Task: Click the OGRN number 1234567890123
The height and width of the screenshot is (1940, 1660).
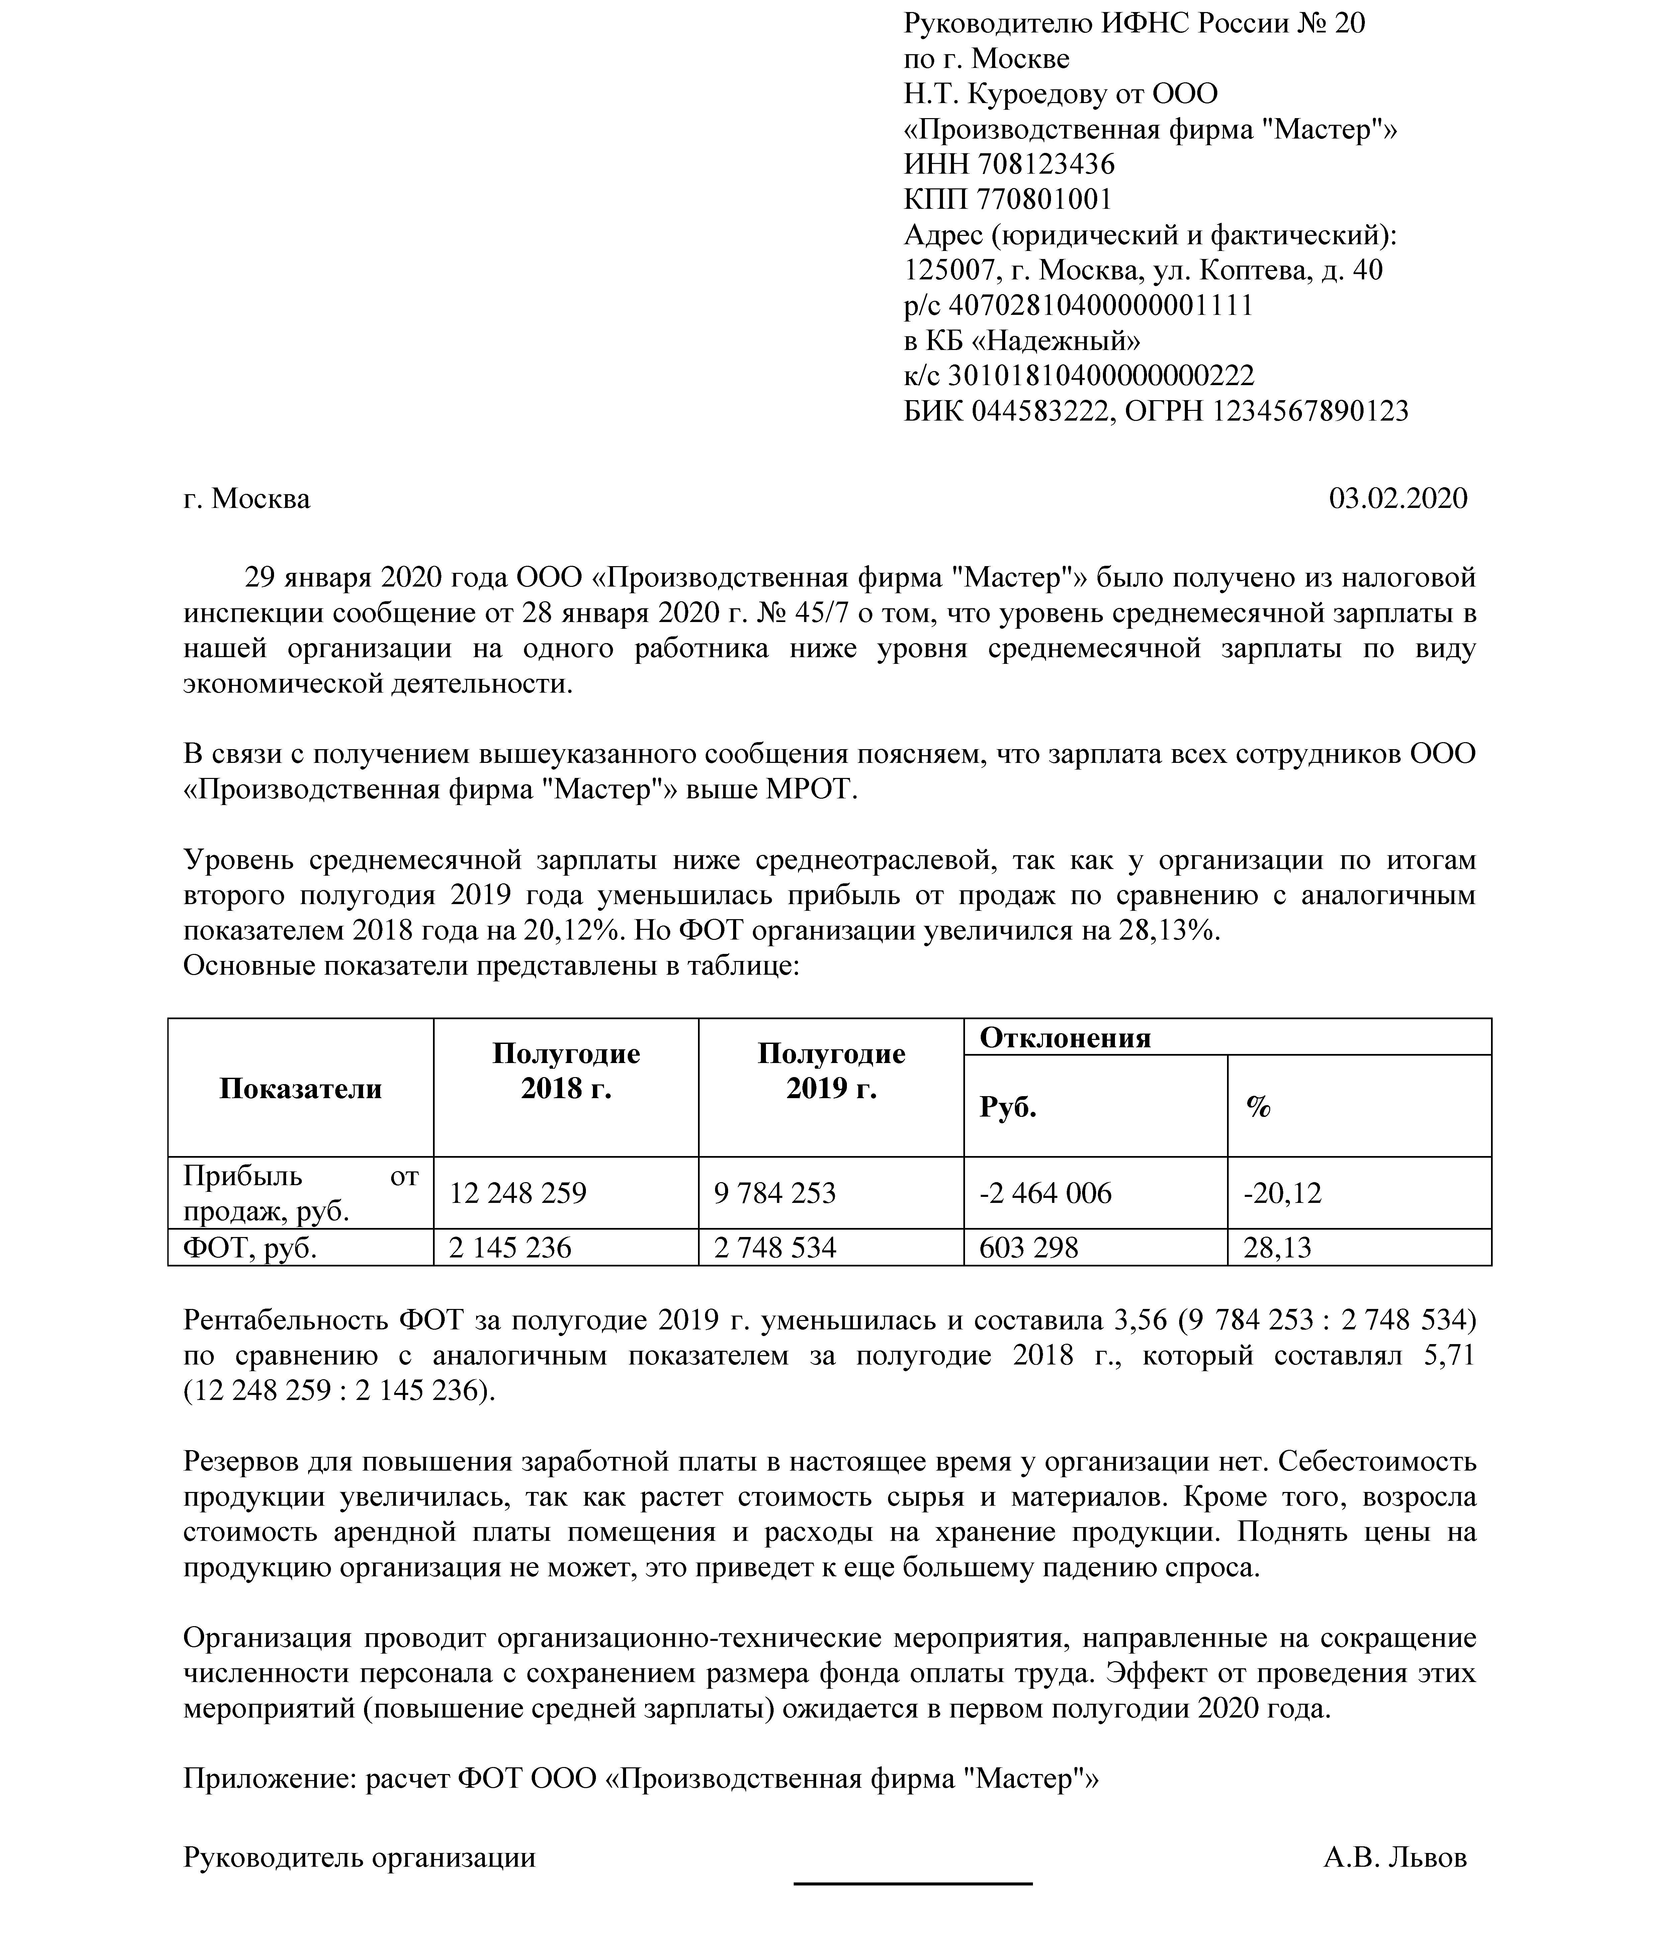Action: click(x=1311, y=411)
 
